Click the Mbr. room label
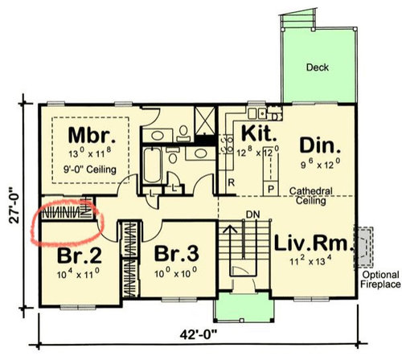click(92, 135)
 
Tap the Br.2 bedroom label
click(80, 256)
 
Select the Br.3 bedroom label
click(177, 254)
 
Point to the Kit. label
click(259, 133)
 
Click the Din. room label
click(320, 145)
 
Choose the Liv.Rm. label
click(314, 243)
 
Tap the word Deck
click(318, 67)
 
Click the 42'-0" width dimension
click(199, 334)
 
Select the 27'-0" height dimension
click(14, 206)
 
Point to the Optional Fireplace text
click(380, 280)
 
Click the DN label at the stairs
click(252, 215)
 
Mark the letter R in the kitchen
click(232, 182)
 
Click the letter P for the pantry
click(271, 190)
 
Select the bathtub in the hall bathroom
click(152, 166)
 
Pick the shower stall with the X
click(205, 121)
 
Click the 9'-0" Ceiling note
click(90, 170)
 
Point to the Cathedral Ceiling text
click(311, 196)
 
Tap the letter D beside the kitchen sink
click(274, 117)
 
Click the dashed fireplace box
click(363, 247)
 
